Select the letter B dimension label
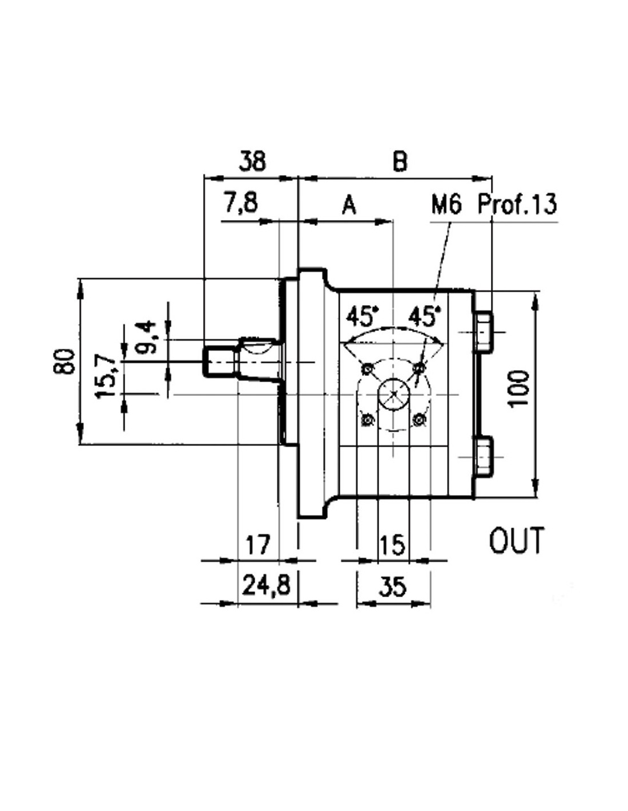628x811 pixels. click(400, 162)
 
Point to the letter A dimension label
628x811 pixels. click(349, 205)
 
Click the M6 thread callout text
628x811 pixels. click(446, 205)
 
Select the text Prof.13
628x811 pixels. click(518, 204)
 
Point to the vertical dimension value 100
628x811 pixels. click(519, 388)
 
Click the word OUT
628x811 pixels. click(515, 541)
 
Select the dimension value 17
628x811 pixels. click(258, 545)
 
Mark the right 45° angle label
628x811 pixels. click(424, 317)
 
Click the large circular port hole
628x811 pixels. click(394, 395)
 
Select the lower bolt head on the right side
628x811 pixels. click(485, 456)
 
